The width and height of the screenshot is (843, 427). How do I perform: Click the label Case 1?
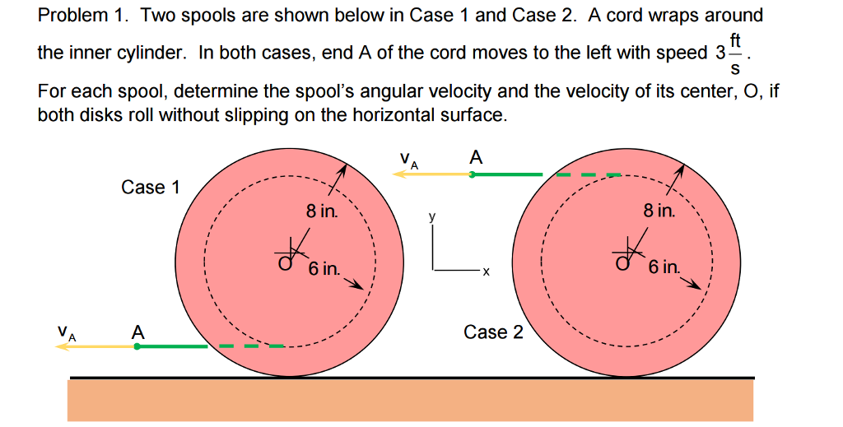[150, 188]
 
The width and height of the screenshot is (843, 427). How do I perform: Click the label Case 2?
[493, 332]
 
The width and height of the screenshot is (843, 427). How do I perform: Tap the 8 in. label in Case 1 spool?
[322, 211]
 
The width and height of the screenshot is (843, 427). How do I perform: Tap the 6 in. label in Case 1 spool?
[324, 269]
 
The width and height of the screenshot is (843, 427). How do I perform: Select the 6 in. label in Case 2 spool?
[664, 267]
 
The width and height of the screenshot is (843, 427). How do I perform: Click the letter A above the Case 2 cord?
[475, 156]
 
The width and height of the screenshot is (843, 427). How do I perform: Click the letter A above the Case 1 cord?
[137, 332]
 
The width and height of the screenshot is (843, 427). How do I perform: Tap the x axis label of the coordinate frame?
[486, 271]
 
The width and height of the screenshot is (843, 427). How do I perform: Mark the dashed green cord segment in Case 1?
[252, 346]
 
